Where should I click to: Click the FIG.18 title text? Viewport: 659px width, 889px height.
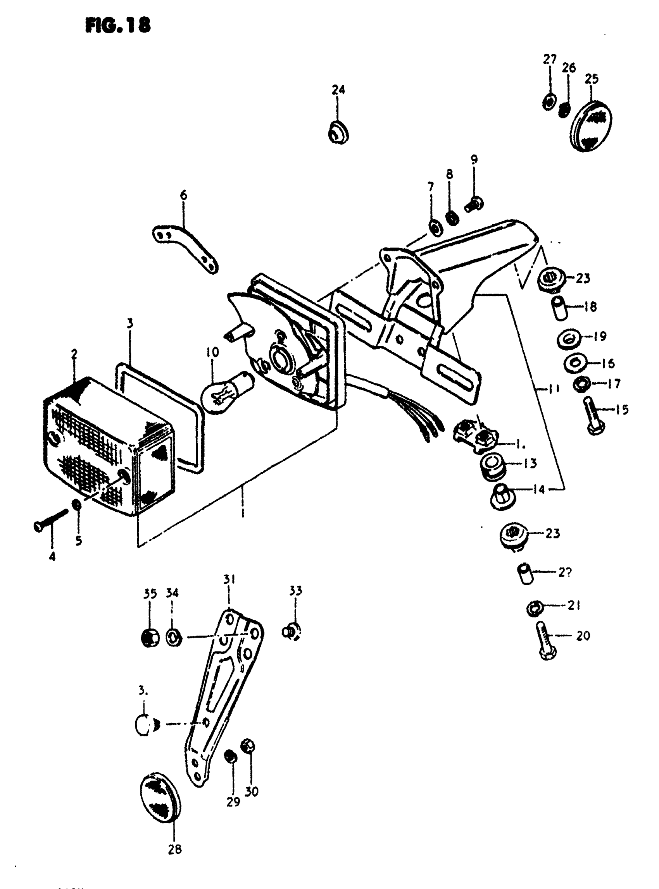[x=118, y=26]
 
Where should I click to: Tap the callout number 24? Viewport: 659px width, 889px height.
[x=338, y=90]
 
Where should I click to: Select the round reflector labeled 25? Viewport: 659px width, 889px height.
[x=592, y=123]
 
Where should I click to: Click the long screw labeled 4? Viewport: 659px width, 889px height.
[x=51, y=520]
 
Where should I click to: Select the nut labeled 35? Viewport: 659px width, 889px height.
[x=150, y=637]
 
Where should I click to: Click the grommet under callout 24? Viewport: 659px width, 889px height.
[x=338, y=132]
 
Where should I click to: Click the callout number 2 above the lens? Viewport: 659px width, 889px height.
[x=74, y=354]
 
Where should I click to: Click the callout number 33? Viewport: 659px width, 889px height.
[x=296, y=590]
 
